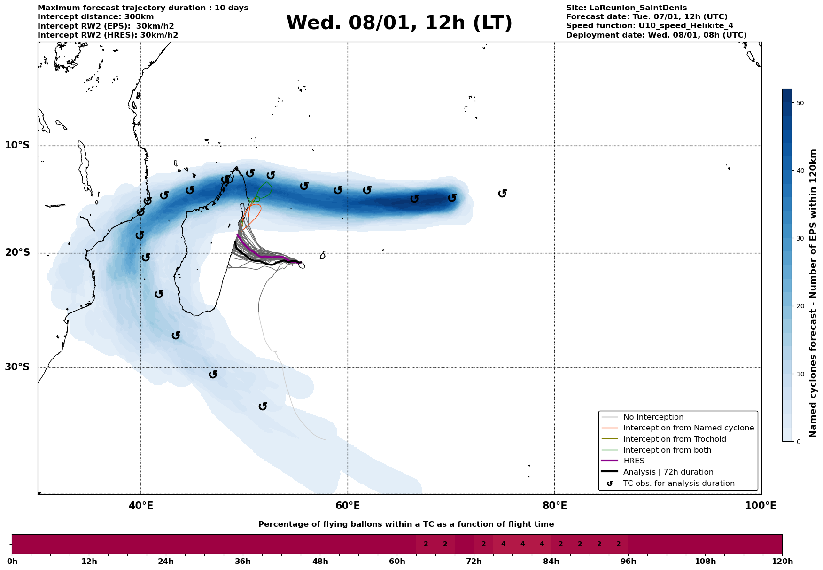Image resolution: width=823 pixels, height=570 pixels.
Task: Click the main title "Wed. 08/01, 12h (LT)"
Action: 399,23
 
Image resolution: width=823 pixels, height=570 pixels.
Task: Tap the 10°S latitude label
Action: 17,145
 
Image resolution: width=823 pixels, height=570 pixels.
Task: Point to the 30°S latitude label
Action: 17,367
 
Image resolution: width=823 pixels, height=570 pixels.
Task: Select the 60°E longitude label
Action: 348,506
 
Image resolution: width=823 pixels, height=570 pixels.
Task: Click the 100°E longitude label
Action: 761,506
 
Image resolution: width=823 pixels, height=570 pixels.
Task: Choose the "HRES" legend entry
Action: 634,461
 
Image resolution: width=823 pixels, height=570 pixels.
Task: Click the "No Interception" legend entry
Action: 653,417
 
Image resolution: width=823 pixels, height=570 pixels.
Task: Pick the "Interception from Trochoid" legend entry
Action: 674,439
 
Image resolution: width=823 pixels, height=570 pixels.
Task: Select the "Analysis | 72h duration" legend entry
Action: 668,472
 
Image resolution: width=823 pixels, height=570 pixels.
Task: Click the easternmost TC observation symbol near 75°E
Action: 502,194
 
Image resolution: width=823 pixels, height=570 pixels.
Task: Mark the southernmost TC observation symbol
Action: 263,406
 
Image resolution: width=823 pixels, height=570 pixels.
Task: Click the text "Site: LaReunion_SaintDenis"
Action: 626,8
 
